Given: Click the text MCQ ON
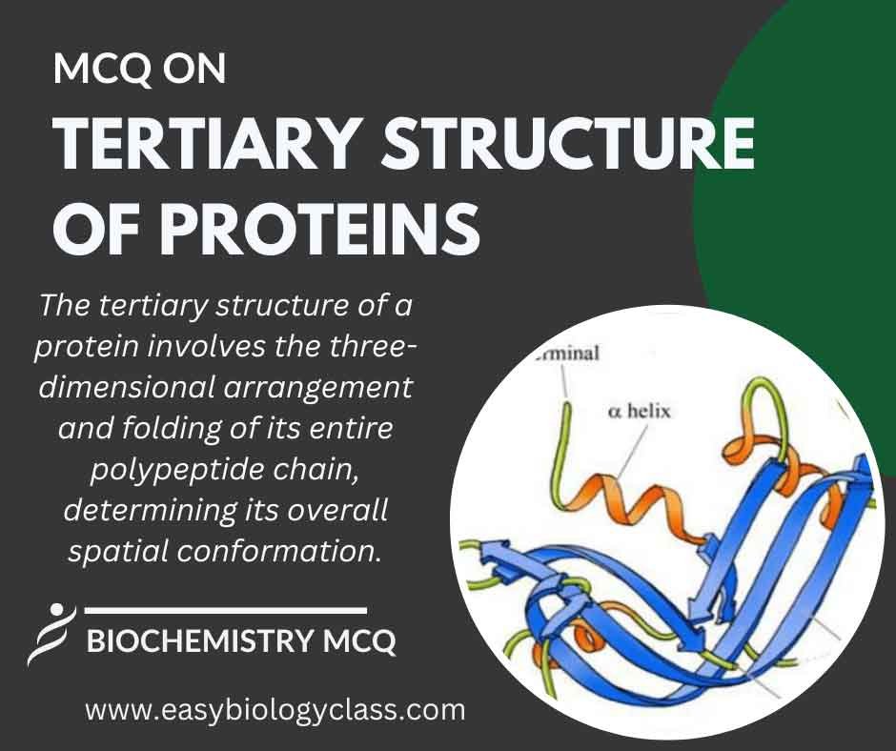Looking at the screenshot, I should coord(139,70).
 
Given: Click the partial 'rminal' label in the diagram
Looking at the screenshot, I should coord(572,354).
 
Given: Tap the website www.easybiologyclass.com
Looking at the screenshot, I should coord(275,710).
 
